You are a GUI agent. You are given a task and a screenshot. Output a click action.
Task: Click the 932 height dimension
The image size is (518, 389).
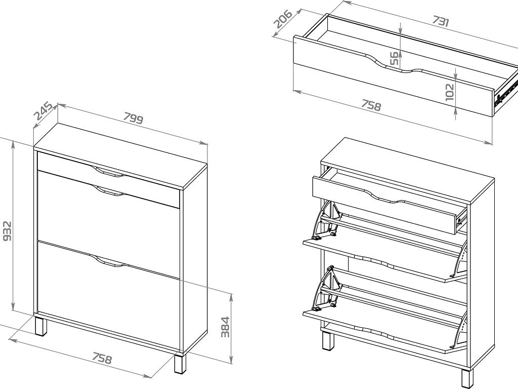pyautogui.click(x=7, y=231)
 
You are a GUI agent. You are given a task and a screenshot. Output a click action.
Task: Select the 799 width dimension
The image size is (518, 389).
pyautogui.click(x=134, y=118)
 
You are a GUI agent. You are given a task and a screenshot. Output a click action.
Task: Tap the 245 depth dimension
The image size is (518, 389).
pyautogui.click(x=44, y=111)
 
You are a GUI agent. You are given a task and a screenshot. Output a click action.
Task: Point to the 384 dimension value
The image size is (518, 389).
pyautogui.click(x=225, y=327)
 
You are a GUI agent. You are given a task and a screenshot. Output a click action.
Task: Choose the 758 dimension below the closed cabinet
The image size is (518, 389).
pyautogui.click(x=102, y=358)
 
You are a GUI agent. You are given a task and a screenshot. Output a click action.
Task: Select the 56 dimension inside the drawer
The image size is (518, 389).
pyautogui.click(x=394, y=58)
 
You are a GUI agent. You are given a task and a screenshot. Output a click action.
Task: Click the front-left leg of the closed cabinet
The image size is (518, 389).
pyautogui.click(x=40, y=326)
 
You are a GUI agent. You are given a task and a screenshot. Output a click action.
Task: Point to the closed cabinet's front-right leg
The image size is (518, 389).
pyautogui.click(x=181, y=364)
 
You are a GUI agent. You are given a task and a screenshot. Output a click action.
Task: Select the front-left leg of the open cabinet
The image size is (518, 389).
pyautogui.click(x=328, y=341)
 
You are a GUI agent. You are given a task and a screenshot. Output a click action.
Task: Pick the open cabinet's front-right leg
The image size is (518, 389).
pyautogui.click(x=467, y=379)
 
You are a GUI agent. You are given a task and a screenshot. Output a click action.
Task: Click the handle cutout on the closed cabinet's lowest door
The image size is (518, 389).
pyautogui.click(x=109, y=261)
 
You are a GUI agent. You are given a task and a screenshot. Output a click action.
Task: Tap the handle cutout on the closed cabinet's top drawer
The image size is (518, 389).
pyautogui.click(x=109, y=172)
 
